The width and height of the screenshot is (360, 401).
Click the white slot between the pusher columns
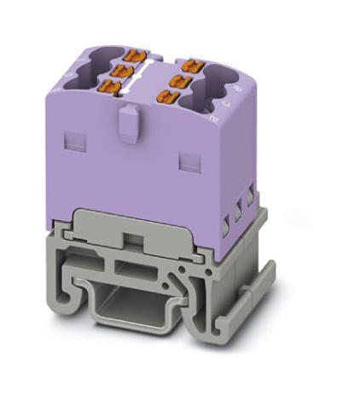(x=141, y=78)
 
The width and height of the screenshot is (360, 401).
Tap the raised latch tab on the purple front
(x=128, y=120)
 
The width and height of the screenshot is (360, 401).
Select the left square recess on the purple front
(x=77, y=136)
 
